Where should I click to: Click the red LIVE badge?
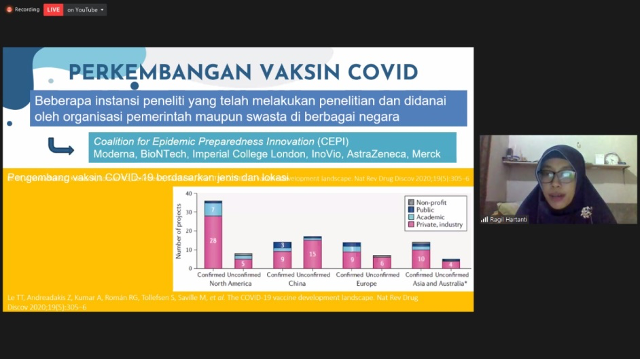coord(53,9)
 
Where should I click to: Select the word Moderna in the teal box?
coord(118,155)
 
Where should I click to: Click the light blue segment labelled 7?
coord(213,209)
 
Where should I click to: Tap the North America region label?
coord(229,285)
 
